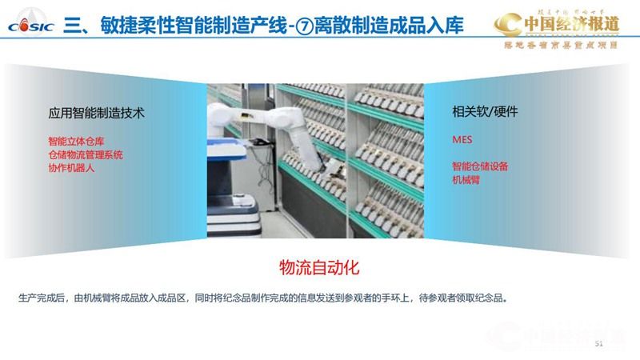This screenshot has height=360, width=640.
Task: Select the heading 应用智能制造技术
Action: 96,112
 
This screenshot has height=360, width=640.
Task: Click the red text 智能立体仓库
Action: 71,142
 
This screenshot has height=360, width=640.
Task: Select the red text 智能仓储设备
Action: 480,166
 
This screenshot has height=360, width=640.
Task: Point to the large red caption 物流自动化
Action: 319,266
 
